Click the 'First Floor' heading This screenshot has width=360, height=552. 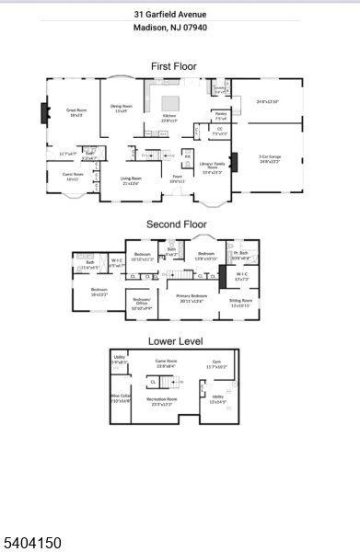coord(173,66)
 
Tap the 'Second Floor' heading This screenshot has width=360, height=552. coord(175,224)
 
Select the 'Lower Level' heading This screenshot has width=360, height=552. coord(175,340)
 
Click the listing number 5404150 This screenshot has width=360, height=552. coord(31,543)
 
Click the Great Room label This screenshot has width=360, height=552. coord(75,112)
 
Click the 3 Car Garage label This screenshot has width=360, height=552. coord(269,159)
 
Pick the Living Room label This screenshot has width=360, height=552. coord(131,180)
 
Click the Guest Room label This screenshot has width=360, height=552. coord(73,177)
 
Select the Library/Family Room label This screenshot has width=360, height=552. coord(212,168)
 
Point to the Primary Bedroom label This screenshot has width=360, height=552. coord(191,297)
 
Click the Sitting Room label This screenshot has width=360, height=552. coord(241,302)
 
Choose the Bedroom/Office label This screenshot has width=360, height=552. coord(141,305)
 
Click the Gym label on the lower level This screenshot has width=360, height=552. coord(216,364)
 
